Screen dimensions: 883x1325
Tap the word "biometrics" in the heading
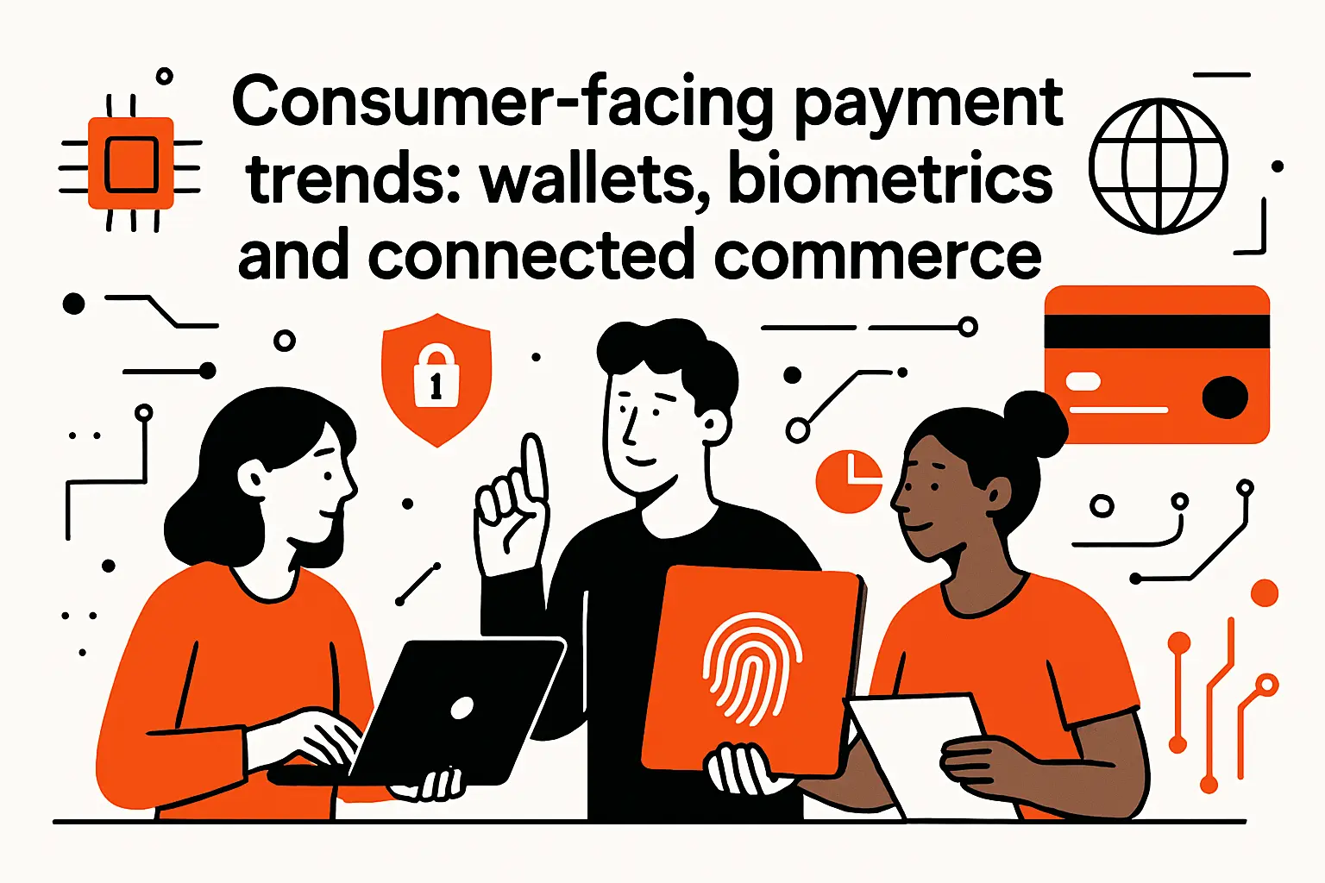890,180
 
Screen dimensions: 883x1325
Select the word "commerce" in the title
877,256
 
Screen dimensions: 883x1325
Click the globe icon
1158,166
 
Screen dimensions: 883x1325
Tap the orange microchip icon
131,164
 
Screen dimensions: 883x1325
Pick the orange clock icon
849,479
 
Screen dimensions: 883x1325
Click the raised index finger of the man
535,466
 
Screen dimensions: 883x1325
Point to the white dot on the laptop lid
462,708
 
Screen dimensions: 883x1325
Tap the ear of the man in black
713,423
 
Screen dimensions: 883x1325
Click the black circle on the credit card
1225,397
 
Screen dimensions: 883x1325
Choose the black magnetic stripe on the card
1156,331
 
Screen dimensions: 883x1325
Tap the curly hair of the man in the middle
669,354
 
